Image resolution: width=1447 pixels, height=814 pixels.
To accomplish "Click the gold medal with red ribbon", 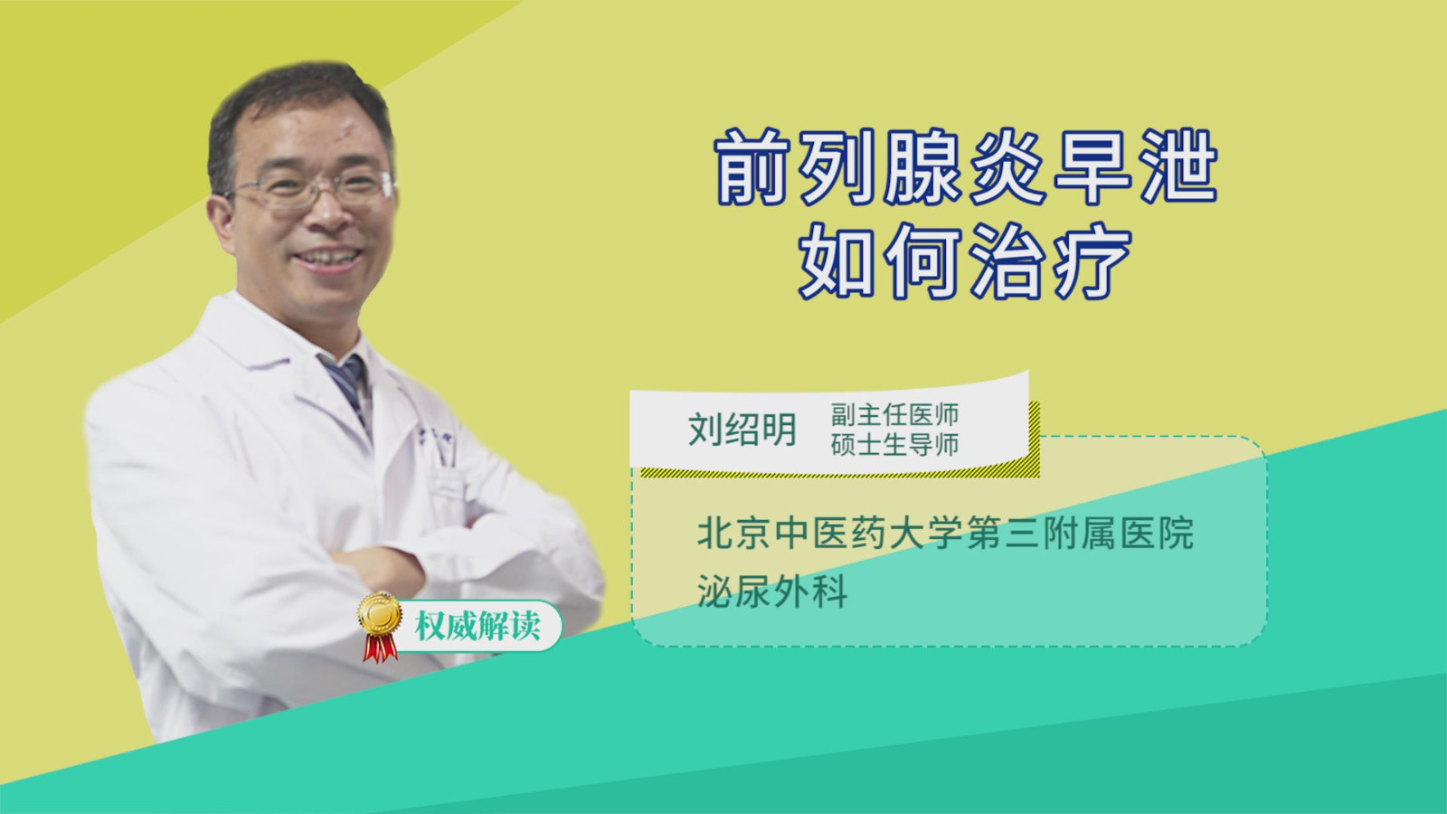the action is (379, 628).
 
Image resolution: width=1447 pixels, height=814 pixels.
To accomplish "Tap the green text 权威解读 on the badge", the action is (478, 625).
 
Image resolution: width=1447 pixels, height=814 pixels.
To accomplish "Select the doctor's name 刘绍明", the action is (742, 430).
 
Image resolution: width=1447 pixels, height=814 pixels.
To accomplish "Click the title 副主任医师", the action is (894, 415).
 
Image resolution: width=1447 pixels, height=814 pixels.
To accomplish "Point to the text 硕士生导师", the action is (894, 445).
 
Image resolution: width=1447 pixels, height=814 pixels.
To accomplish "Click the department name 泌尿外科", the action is (772, 591).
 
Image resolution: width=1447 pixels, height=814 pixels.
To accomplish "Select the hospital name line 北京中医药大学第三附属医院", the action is (945, 533).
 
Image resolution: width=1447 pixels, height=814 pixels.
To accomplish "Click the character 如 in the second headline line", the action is (837, 261).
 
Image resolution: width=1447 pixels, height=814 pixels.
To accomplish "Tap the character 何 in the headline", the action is (923, 261).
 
